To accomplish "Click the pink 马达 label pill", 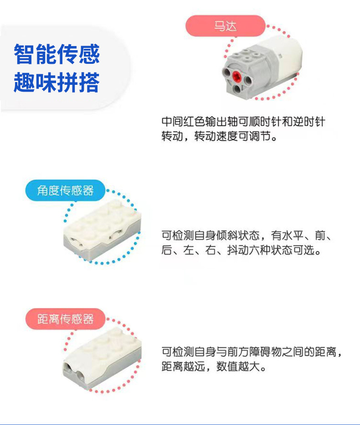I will pos(225,26).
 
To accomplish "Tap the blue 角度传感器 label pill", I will pos(65,190).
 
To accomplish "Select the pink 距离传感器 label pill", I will pos(65,319).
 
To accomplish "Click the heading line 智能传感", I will pos(57,54).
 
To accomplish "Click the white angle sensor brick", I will pos(103,228).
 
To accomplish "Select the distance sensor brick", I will pos(103,360).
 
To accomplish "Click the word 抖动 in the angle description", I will pos(237,250).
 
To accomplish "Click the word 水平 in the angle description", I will pos(292,236).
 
